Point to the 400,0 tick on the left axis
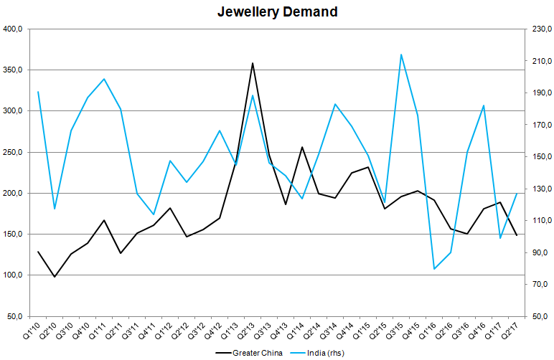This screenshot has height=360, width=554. click(14, 29)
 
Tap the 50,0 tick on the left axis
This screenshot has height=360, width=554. click(16, 316)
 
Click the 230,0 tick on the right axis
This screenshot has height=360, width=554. click(540, 29)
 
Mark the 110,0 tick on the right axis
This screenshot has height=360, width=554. click(540, 220)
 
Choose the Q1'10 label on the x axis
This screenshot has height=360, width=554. click(32, 332)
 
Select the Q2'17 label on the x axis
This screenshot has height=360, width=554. click(510, 332)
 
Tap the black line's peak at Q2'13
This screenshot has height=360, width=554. click(253, 63)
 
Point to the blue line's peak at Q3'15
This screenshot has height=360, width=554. click(400, 55)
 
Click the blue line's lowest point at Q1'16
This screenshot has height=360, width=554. click(434, 269)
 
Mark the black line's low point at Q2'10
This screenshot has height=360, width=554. click(55, 276)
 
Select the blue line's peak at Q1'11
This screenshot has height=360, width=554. click(104, 79)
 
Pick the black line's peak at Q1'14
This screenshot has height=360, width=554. click(302, 147)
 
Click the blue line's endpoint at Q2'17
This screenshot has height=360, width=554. click(517, 194)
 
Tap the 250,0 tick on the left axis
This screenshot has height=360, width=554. click(14, 153)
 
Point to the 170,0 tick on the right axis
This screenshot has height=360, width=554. click(540, 125)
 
